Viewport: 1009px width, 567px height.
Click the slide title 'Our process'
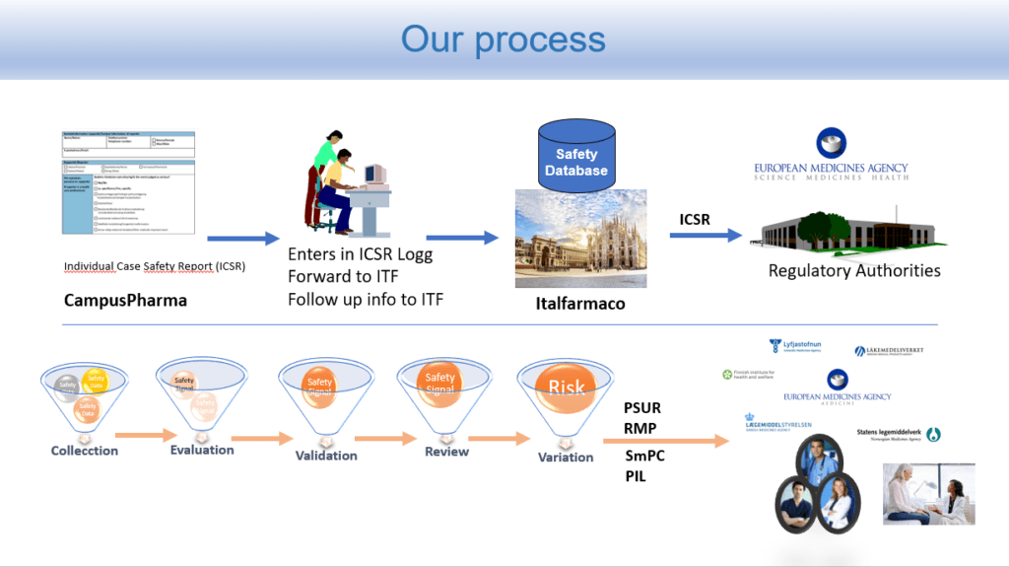click(503, 39)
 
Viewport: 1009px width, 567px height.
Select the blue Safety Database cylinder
click(576, 158)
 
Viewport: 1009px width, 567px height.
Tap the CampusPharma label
click(125, 300)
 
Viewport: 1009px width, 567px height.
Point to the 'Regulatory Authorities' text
click(854, 270)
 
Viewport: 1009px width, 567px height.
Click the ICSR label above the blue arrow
click(695, 219)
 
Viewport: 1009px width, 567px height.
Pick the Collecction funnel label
click(85, 451)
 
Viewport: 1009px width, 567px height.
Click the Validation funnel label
click(326, 456)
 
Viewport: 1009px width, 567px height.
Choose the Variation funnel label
click(566, 457)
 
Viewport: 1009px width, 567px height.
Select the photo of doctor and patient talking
click(928, 493)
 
